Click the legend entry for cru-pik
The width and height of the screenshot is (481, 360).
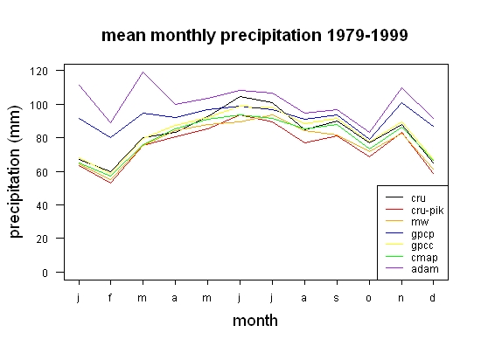tap(427, 211)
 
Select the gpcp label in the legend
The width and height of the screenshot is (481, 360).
tap(422, 234)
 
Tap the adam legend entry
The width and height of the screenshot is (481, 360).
tap(425, 269)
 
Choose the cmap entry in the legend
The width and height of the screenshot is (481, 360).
tap(424, 258)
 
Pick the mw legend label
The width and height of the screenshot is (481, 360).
tap(420, 222)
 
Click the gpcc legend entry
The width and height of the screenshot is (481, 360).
tap(422, 246)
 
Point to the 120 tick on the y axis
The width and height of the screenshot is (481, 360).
tap(38, 72)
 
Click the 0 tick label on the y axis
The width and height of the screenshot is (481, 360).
tap(45, 273)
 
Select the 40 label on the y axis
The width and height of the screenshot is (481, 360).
tap(42, 205)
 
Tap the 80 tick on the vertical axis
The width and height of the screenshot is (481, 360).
tap(42, 138)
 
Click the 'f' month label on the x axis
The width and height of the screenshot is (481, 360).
tap(110, 297)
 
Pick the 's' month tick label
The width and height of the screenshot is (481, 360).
tap(336, 298)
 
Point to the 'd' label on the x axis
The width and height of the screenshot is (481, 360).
tap(432, 297)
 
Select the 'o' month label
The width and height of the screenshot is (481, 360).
tap(368, 298)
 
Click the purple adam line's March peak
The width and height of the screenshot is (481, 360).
tap(143, 72)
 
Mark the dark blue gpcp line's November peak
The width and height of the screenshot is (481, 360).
tap(401, 102)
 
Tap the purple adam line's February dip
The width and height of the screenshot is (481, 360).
tap(110, 123)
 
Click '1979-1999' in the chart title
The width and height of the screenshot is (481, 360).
tap(367, 35)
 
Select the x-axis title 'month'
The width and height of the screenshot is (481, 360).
tap(255, 321)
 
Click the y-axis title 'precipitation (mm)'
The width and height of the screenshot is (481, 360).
tap(16, 172)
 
